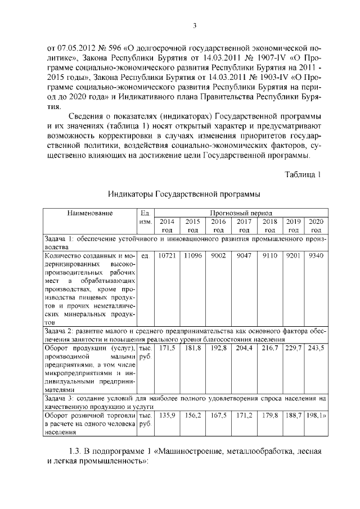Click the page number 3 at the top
click(194, 25)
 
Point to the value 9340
click(316, 256)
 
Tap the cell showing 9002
click(218, 256)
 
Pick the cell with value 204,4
click(244, 349)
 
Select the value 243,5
click(316, 349)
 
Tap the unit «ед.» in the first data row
click(145, 256)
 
